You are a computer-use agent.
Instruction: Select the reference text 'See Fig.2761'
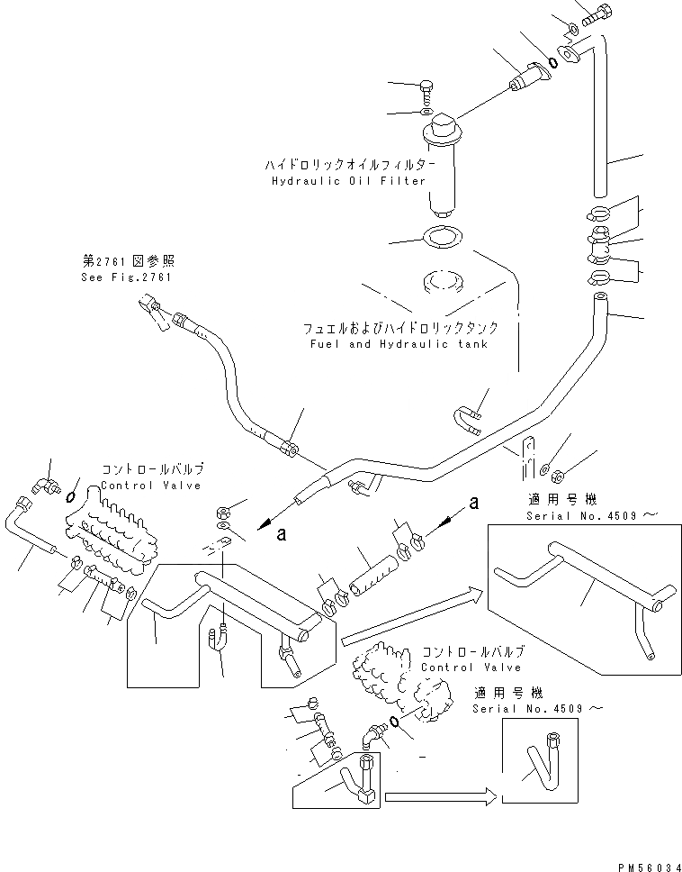(125, 277)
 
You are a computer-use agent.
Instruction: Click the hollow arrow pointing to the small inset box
(437, 795)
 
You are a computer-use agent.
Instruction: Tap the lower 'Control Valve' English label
(471, 668)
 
